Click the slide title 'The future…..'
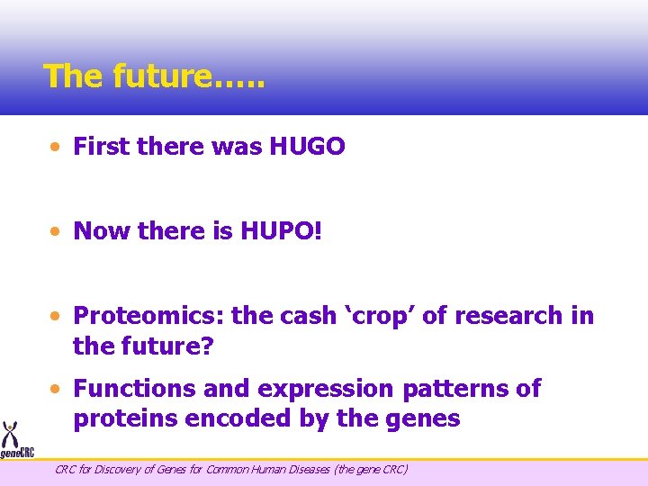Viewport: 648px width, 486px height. point(154,76)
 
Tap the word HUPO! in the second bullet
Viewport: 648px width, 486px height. point(281,231)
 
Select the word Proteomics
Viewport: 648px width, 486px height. point(148,316)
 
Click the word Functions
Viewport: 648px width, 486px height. point(134,389)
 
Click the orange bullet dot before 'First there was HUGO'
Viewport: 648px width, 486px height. point(56,147)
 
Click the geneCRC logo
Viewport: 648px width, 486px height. point(15,441)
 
